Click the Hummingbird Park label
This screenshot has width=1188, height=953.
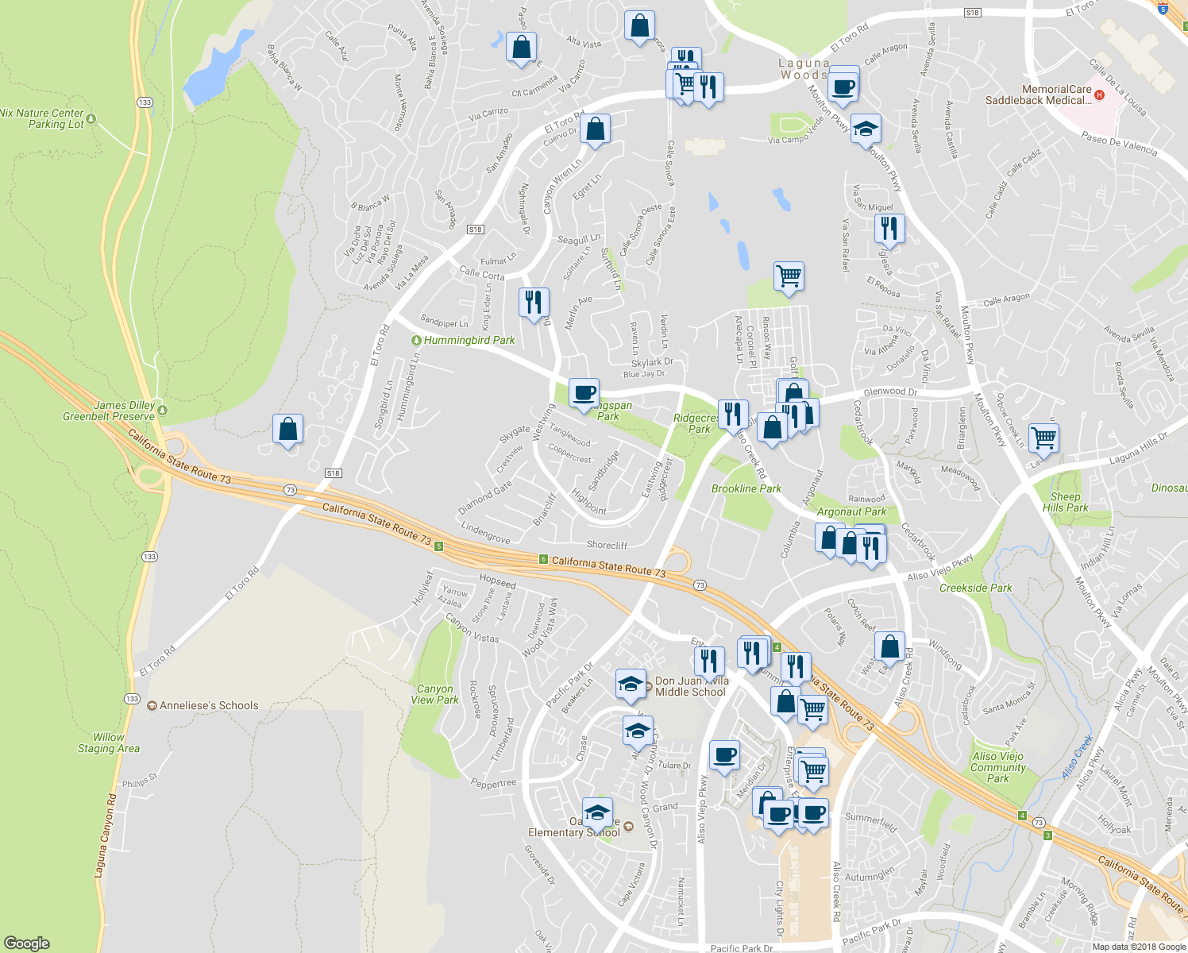469,340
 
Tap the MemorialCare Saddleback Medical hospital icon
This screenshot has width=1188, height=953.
1099,95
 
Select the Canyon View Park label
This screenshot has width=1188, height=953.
434,694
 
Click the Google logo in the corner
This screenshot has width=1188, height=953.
26,943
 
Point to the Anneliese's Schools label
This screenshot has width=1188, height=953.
208,705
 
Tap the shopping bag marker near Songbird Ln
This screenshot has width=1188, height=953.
287,429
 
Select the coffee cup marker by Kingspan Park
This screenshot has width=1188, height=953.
584,392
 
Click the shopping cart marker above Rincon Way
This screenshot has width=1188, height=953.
789,276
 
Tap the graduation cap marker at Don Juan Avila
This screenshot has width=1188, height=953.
631,684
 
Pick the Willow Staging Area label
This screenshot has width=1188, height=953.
109,743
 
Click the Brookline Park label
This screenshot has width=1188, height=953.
746,488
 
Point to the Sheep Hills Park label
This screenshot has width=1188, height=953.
1065,502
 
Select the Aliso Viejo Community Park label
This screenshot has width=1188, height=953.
997,767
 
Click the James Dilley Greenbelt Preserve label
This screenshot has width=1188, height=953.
109,411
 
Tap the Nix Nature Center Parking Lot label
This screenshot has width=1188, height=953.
42,118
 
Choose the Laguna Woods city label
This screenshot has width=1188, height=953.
804,68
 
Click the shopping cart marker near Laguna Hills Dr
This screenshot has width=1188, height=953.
1043,438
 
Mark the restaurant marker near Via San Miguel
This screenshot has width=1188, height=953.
889,229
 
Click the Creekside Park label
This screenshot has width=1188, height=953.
975,588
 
